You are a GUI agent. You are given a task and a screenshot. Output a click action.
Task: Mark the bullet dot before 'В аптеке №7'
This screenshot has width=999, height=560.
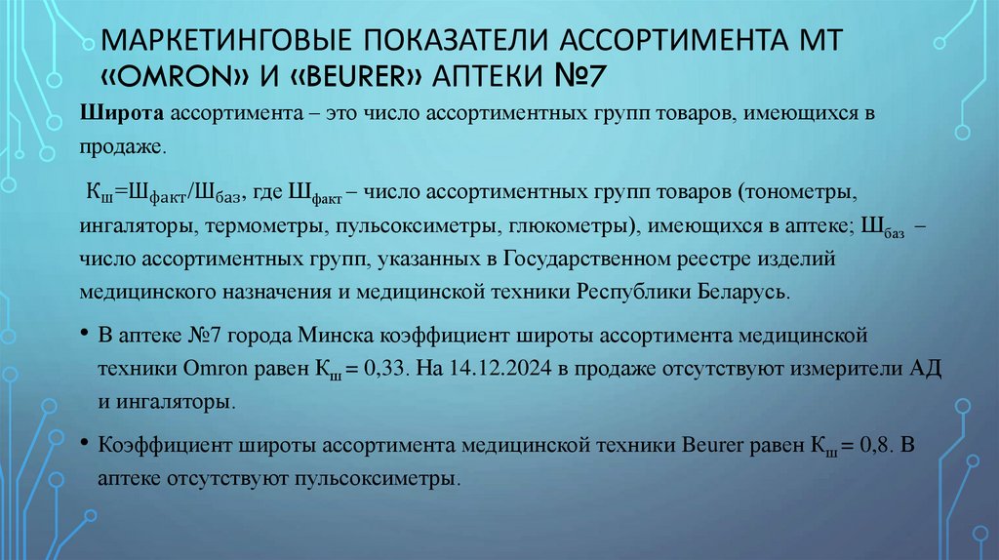pos(86,334)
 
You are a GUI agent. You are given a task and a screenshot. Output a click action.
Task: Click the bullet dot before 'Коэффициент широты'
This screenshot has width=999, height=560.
pos(86,445)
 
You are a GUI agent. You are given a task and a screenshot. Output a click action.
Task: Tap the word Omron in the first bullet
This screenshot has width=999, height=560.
pos(209,369)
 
